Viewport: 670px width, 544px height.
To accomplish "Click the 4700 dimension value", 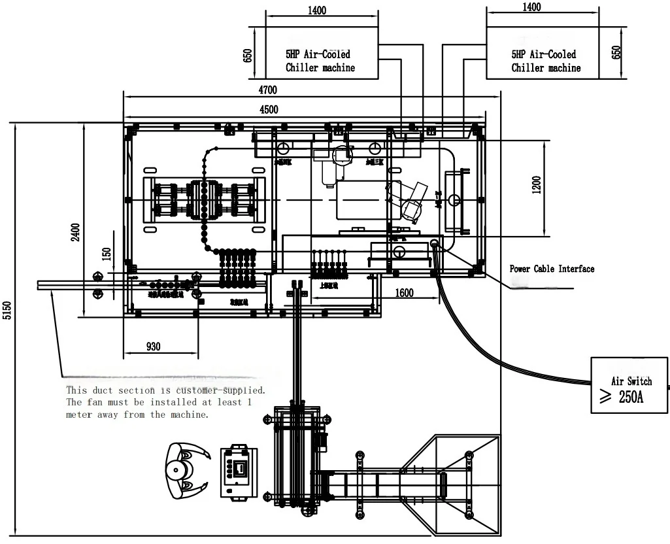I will click(268, 90).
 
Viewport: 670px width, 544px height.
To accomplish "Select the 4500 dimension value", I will click(269, 109).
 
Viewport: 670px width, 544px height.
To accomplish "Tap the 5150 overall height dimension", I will click(7, 311).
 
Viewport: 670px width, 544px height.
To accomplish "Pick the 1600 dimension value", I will click(404, 294).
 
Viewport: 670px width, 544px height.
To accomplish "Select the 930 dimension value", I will click(153, 347).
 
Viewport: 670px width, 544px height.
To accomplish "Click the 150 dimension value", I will click(107, 254).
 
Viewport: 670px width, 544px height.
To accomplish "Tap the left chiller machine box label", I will click(320, 61).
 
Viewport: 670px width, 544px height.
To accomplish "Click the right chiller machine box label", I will click(545, 61).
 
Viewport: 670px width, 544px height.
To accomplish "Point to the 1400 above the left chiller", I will click(317, 10).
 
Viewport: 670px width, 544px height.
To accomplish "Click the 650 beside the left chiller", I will click(248, 54).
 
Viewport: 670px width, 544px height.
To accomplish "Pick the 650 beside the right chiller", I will click(616, 52).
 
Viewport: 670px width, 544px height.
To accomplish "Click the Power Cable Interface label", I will click(552, 269).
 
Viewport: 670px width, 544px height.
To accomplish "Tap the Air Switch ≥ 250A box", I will click(629, 390).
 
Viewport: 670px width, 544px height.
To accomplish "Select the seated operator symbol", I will click(186, 469).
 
